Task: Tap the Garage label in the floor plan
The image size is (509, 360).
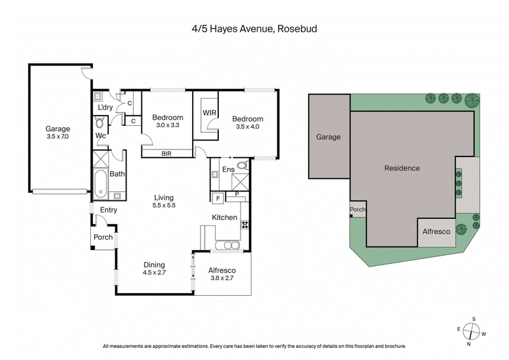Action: point(57,128)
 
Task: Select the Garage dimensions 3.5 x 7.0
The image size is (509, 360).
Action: point(57,136)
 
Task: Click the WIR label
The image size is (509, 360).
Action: point(210,113)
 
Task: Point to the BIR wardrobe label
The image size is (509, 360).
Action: point(166,153)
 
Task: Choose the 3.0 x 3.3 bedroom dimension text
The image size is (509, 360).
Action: point(168,125)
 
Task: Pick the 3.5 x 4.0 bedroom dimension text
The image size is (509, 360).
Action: point(247,127)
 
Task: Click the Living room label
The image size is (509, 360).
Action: point(164,198)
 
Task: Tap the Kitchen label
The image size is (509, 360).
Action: point(224,218)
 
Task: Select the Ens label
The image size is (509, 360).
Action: point(228,170)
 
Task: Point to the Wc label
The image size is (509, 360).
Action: point(101,135)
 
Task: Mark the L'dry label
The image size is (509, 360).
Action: point(105,107)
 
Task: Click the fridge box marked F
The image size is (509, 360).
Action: point(218,198)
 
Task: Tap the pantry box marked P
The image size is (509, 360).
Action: point(237,194)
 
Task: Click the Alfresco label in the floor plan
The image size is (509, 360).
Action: point(223,270)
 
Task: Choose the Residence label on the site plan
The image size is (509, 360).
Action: point(402,168)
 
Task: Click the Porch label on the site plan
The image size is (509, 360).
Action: point(357,209)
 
